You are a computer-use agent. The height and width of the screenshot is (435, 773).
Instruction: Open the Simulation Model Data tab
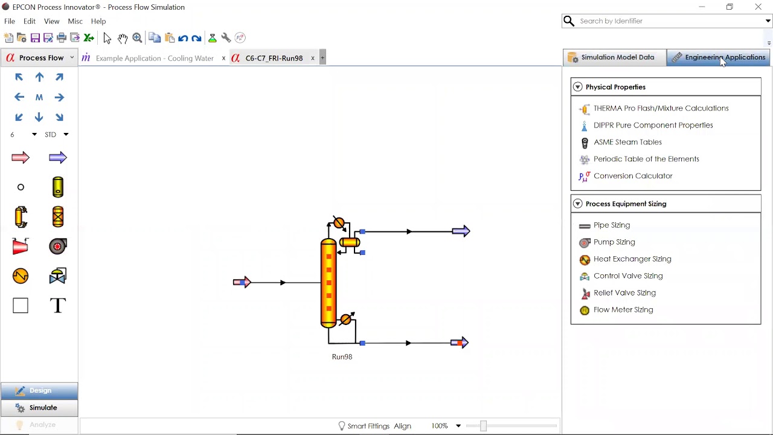click(615, 57)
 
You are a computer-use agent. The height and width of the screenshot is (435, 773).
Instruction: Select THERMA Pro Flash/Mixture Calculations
click(661, 108)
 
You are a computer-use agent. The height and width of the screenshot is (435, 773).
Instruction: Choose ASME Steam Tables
click(627, 142)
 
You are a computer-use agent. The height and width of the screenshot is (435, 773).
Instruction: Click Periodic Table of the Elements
click(646, 159)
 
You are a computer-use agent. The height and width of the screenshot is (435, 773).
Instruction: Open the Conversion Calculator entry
click(633, 176)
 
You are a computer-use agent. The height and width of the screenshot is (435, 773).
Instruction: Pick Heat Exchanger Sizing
click(632, 259)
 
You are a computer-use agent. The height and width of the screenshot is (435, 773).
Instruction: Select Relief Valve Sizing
click(624, 292)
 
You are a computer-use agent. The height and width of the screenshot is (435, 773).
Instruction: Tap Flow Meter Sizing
click(623, 309)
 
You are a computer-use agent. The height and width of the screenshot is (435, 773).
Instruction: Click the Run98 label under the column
click(342, 356)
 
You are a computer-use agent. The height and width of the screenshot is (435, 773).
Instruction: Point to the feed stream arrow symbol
click(242, 282)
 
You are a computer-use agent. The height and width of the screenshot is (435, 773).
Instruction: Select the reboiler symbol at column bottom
click(346, 319)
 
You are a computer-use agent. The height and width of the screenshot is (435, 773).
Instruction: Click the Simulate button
click(39, 408)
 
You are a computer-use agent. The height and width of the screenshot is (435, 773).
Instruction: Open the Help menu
click(98, 21)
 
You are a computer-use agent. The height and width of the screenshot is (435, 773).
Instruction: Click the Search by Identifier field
click(667, 21)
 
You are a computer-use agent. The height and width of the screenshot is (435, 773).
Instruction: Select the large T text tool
click(58, 306)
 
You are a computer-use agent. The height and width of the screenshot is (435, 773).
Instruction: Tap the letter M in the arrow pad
click(39, 97)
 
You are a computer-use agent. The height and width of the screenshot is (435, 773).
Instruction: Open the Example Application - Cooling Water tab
click(155, 58)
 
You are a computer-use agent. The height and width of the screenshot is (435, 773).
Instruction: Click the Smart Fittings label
click(368, 426)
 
